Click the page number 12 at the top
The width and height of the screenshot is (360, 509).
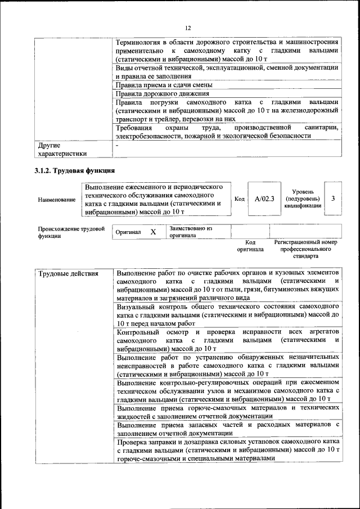(188, 28)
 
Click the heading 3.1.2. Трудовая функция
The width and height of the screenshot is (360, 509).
(75, 170)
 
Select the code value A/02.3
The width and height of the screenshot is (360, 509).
(264, 199)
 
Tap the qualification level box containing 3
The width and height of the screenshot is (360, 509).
(333, 199)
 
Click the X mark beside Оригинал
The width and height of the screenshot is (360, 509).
(152, 232)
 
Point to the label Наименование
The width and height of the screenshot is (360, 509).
(57, 199)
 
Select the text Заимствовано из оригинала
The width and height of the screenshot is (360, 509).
(190, 232)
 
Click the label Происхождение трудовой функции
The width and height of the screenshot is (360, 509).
(71, 232)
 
